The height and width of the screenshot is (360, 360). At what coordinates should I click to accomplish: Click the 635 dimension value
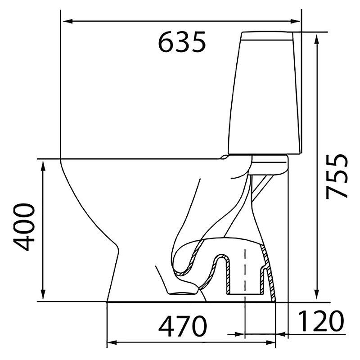(x=182, y=42)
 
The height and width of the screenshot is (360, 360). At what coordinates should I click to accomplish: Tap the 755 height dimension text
(x=337, y=176)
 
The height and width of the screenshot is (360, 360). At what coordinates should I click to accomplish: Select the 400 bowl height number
(x=24, y=227)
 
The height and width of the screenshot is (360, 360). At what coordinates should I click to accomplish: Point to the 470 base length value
(x=183, y=326)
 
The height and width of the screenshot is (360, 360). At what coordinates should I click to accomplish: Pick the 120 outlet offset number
(x=321, y=321)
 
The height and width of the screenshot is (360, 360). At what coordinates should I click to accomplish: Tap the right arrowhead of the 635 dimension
(x=295, y=21)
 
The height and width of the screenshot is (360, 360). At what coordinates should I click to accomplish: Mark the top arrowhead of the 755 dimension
(x=317, y=40)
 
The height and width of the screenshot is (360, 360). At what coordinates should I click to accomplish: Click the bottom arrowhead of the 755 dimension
(x=317, y=294)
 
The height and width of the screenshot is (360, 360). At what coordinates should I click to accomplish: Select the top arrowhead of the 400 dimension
(x=43, y=166)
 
